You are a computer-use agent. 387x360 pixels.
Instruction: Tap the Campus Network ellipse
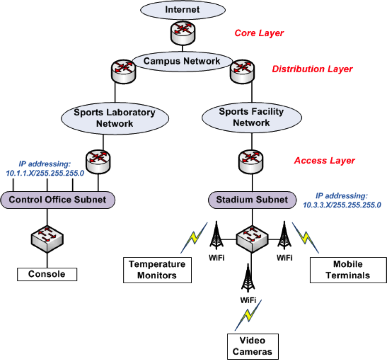[x=181, y=61]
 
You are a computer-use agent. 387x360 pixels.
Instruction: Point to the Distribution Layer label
[x=312, y=69]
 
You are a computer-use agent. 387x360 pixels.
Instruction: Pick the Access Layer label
[x=324, y=160]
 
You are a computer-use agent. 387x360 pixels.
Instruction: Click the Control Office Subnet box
[x=57, y=200]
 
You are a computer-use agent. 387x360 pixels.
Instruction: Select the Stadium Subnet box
[x=253, y=200]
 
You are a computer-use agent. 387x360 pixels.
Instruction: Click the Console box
[x=47, y=274]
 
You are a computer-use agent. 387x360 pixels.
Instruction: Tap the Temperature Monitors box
[x=158, y=270]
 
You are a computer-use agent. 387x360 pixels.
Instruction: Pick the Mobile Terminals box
[x=340, y=270]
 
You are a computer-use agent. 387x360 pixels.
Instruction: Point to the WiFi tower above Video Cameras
[x=248, y=279]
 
